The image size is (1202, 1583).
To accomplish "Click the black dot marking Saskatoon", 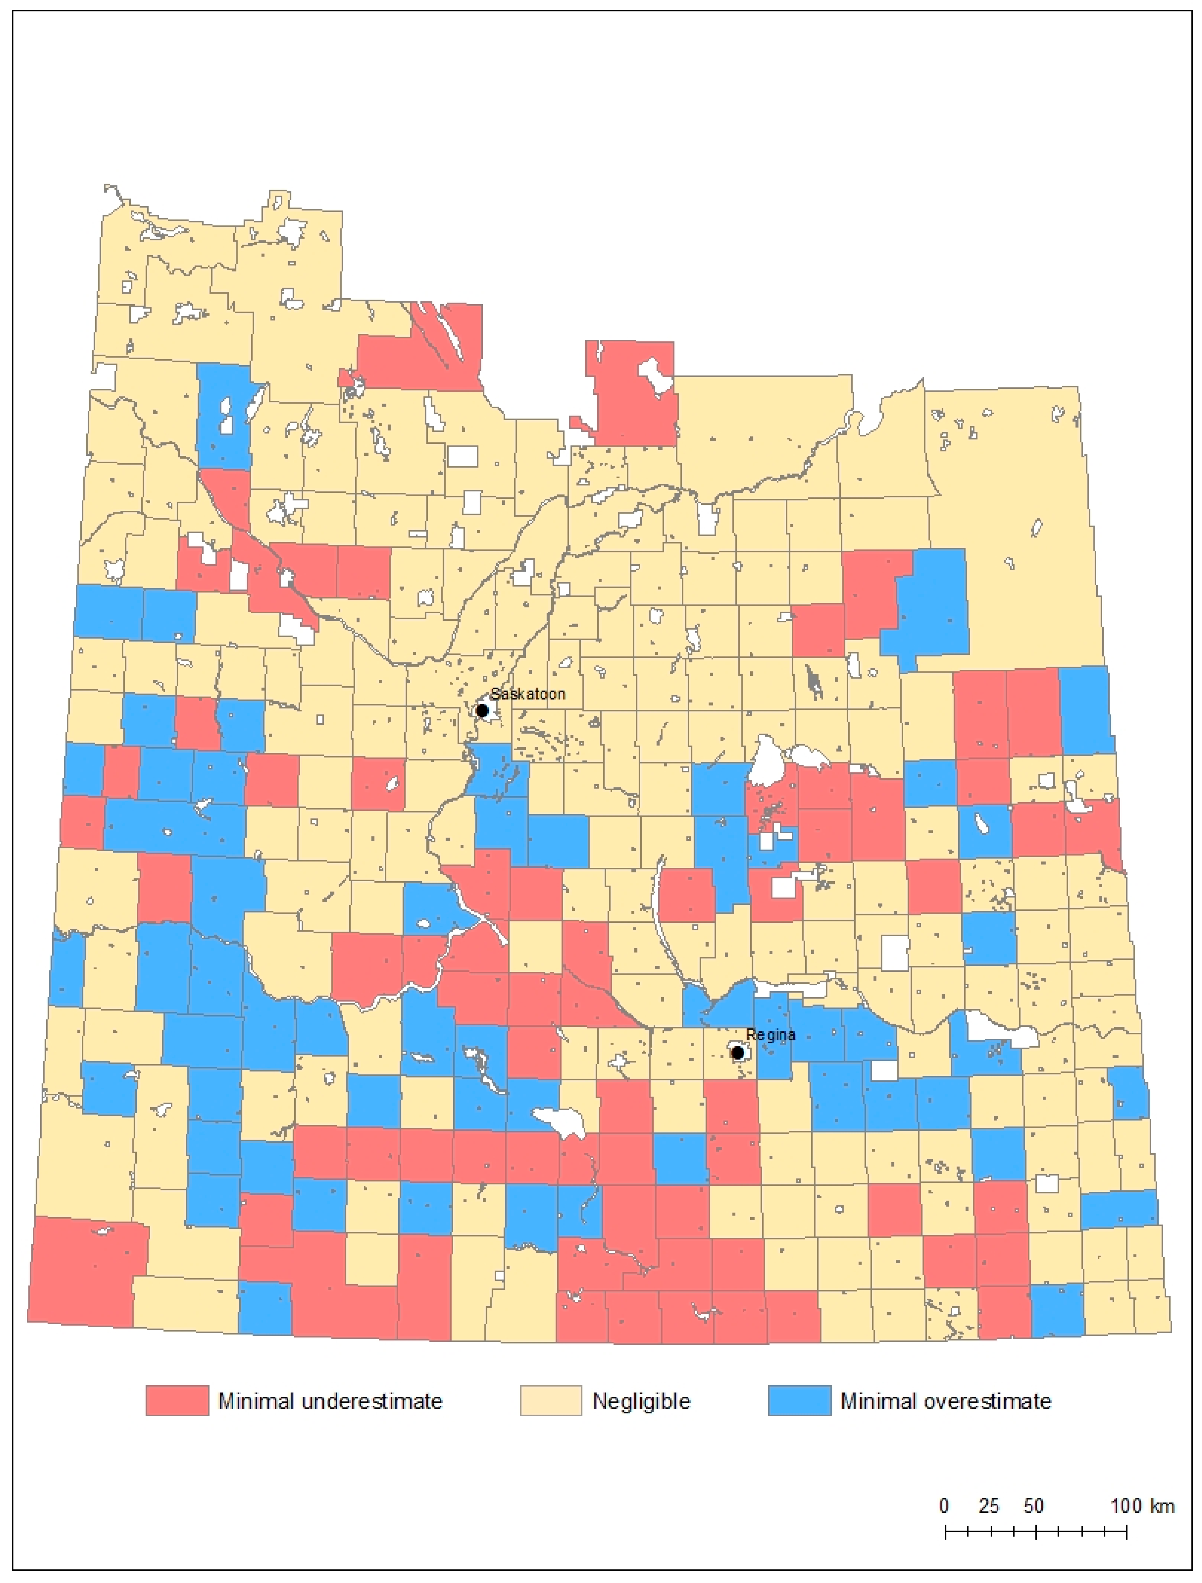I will point(482,711).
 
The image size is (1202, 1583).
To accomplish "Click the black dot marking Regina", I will point(737,1053).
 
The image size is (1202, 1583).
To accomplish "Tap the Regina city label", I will point(771,1035).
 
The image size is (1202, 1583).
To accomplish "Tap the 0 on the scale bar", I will point(944,1506).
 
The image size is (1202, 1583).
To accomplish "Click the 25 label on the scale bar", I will point(989,1506).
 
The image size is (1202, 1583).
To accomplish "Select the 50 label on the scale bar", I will point(1033,1506).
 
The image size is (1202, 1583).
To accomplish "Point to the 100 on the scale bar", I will point(1126,1506).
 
